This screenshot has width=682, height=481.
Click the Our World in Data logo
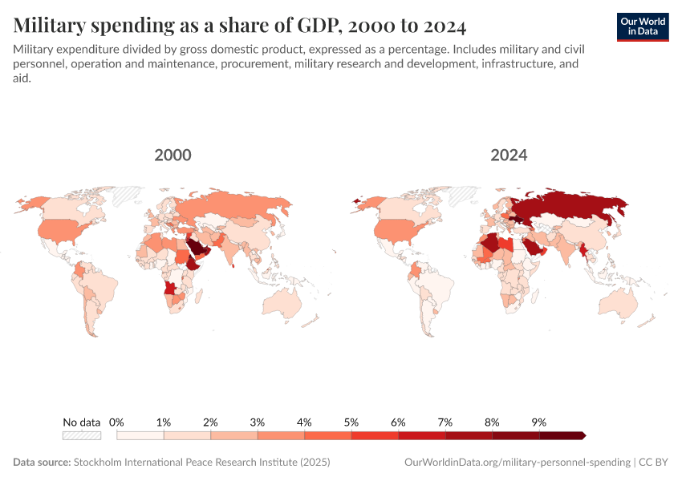[x=643, y=26]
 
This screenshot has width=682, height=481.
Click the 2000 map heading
[x=173, y=155]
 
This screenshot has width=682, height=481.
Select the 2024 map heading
[x=509, y=155]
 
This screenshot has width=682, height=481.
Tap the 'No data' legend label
[x=82, y=422]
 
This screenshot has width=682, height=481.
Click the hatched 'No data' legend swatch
[x=82, y=435]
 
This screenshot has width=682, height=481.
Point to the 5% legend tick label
[x=351, y=422]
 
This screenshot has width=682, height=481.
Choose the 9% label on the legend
[x=538, y=422]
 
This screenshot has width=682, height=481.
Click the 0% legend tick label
[x=117, y=422]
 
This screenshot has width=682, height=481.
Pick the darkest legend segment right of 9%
[x=562, y=435]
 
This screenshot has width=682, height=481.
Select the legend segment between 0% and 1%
[x=140, y=435]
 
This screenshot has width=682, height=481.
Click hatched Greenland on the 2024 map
[x=463, y=195]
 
